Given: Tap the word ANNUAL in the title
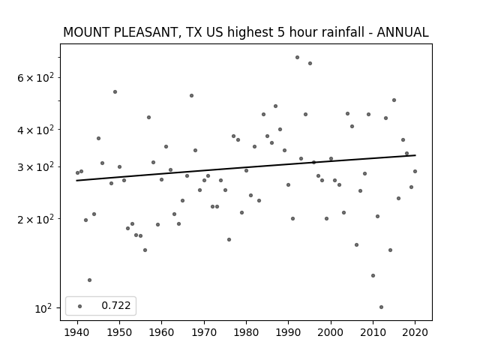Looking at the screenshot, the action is [403, 32].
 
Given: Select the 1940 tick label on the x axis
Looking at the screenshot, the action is [77, 332].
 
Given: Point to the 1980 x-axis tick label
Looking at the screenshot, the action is [246, 332].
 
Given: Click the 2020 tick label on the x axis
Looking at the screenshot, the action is [415, 332].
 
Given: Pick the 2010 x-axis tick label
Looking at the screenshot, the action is [373, 332].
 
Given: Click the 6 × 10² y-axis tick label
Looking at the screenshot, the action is [35, 78].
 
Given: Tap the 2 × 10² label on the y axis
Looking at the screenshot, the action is [35, 219].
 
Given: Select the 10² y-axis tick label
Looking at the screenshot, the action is [43, 308].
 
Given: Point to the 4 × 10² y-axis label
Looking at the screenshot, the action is [35, 130].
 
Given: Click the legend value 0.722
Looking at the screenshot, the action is [116, 305].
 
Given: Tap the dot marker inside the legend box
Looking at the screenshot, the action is [80, 306].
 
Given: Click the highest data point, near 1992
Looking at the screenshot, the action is [297, 58].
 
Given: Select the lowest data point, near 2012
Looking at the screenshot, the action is [381, 307].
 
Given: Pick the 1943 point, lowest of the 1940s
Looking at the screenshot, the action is [90, 280].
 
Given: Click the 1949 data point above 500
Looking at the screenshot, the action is [115, 91].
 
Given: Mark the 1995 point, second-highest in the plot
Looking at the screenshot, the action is [310, 63].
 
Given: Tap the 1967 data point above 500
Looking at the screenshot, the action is [192, 96].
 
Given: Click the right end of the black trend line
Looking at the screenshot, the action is [415, 155].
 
